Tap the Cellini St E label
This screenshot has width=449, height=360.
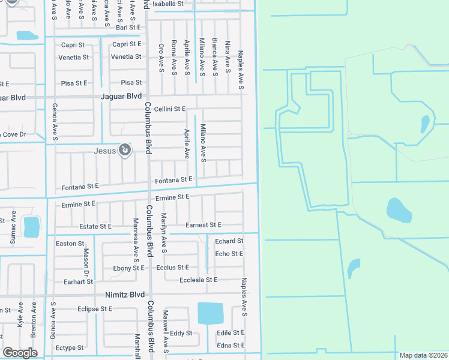170,109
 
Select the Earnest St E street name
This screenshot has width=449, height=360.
203,224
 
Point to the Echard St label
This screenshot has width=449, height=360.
229,241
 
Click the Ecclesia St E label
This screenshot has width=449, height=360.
199,280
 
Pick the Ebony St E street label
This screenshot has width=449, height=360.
128,268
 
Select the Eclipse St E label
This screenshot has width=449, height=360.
95,308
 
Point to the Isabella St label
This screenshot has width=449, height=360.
168,4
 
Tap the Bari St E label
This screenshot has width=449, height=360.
128,27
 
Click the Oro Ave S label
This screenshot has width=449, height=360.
161,58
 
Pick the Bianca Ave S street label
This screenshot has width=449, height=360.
214,56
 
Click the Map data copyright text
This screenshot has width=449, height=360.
423,355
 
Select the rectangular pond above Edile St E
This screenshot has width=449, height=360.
210,313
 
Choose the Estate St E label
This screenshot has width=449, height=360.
95,226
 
